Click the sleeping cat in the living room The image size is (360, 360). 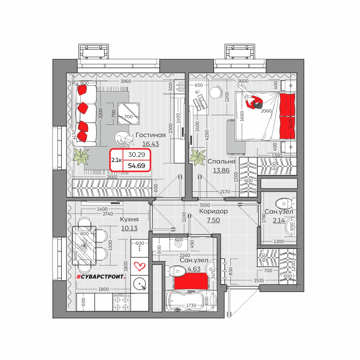tap(124, 139)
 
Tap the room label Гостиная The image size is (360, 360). tap(151, 135)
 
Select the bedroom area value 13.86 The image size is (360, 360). tap(221, 170)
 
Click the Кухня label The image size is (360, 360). tap(129, 219)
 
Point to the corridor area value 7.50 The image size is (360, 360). tap(213, 220)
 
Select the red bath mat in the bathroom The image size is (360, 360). tap(191, 281)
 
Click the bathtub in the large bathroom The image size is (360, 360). tap(191, 301)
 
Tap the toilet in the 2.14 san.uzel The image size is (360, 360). tap(286, 204)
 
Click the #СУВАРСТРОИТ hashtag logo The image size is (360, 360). tap(101, 277)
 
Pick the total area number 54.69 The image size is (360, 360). tap(136, 166)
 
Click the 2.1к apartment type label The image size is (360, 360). tap(117, 160)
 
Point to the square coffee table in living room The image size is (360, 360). tap(128, 114)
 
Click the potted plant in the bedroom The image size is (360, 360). tap(197, 157)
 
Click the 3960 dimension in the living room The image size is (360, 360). tap(126, 81)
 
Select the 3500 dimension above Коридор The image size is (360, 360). tap(205, 205)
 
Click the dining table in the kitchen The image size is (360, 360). tap(84, 245)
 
